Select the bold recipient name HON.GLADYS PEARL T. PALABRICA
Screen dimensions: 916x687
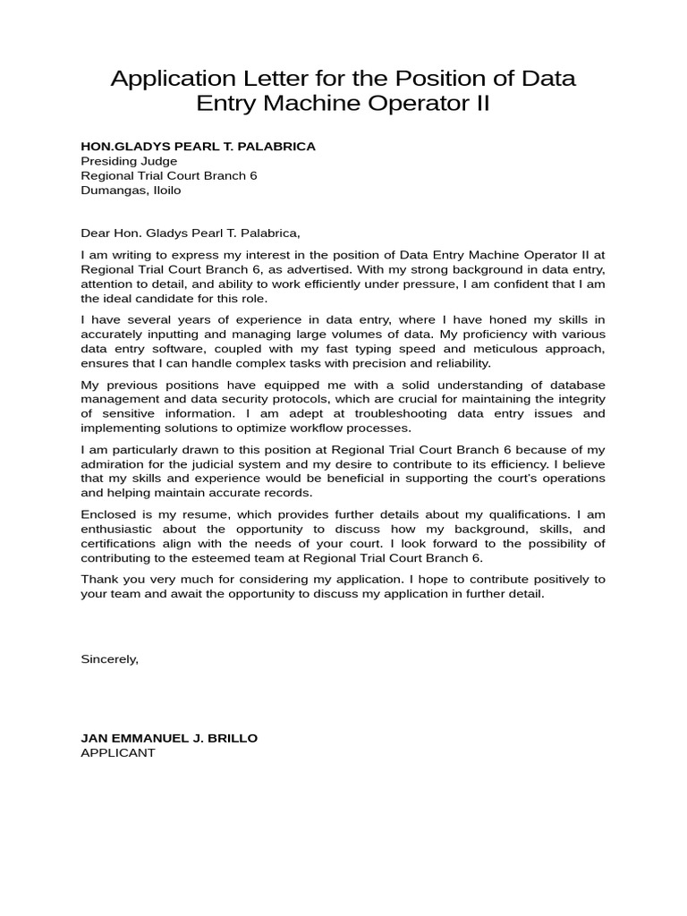(198, 147)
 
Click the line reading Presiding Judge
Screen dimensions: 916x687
(129, 161)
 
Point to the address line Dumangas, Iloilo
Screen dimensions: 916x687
(131, 190)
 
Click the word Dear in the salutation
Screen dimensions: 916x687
(95, 233)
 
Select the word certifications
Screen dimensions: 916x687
(118, 543)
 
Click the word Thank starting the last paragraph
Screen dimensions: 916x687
(98, 579)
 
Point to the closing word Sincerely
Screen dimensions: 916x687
(109, 658)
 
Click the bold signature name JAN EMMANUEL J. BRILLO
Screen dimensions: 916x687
(169, 738)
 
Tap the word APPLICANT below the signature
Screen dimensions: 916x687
(117, 752)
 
